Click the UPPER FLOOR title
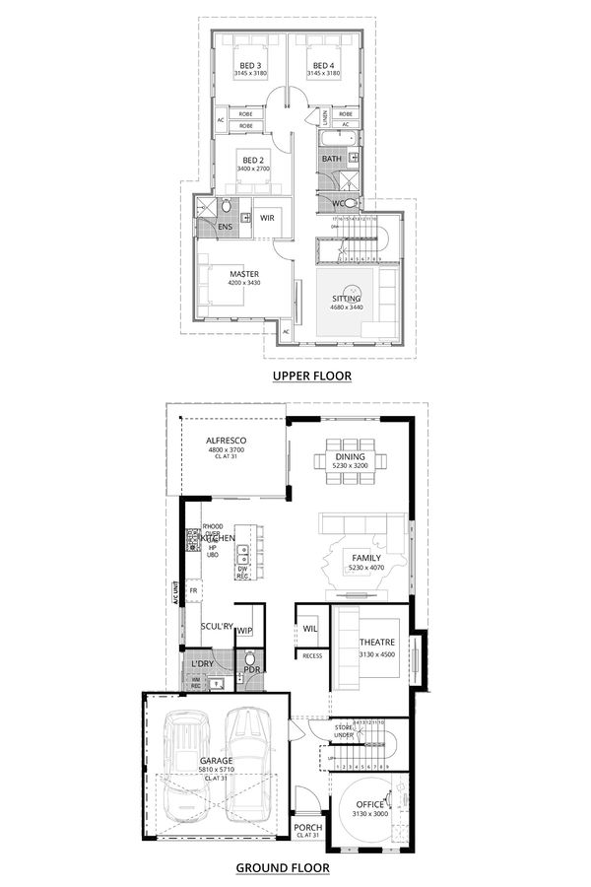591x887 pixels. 311,375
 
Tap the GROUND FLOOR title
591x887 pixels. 282,868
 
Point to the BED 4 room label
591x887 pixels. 324,65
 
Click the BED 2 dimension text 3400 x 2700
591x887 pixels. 252,169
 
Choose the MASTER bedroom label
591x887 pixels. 244,273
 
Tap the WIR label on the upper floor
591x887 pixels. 267,218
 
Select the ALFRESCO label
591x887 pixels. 226,441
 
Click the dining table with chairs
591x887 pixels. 345,462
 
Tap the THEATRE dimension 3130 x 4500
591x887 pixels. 375,654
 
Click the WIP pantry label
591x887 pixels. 245,631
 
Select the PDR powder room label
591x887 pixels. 251,670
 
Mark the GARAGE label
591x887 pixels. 217,760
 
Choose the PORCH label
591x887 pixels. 308,827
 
